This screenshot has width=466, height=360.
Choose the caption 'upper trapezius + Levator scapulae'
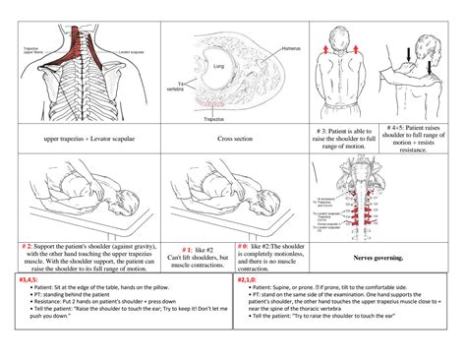pyautogui.click(x=86, y=140)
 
